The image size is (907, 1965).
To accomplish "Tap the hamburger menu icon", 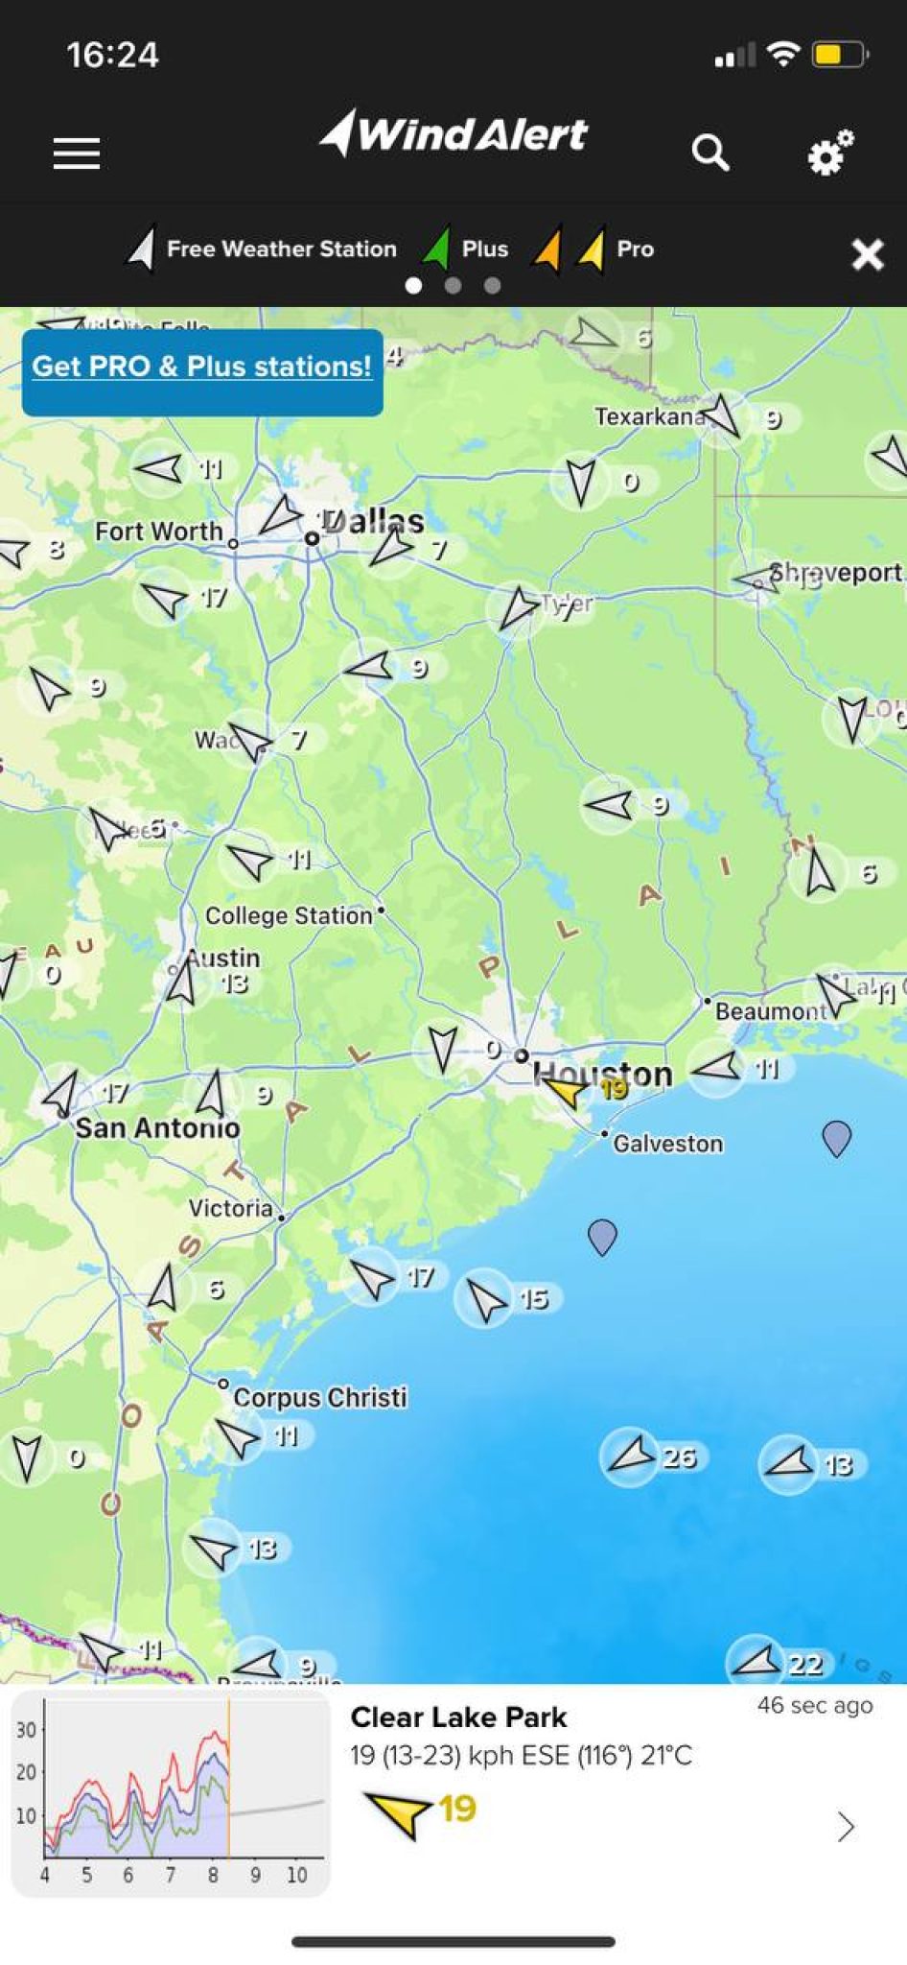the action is [77, 154].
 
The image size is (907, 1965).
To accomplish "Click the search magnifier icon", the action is [710, 152].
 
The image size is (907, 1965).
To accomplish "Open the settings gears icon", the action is [829, 152].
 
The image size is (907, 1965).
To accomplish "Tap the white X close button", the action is [868, 254].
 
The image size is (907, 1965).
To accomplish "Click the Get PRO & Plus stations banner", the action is [202, 367].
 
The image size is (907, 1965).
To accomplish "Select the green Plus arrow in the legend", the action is [437, 249].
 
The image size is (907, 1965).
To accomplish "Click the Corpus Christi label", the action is [320, 1397].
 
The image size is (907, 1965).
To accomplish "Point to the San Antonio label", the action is [158, 1127].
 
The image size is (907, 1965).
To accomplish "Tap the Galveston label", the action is [668, 1143].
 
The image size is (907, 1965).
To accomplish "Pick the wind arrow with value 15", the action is [487, 1299].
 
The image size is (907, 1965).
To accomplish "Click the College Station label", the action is [289, 915].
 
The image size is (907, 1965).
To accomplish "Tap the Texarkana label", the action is [650, 416].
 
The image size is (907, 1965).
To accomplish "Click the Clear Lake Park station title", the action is [458, 1717].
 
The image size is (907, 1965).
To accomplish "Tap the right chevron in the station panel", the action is [845, 1827].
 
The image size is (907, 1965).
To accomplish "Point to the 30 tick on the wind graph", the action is [26, 1730].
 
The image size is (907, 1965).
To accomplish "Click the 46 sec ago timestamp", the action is [815, 1705].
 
